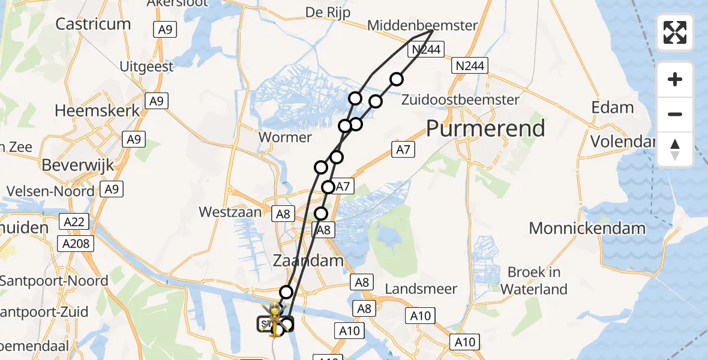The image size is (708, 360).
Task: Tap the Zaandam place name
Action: click(308, 260)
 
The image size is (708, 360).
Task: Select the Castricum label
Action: click(93, 24)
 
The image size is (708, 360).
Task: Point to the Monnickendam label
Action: click(587, 228)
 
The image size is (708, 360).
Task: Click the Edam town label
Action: click(612, 108)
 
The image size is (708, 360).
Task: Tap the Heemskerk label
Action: click(97, 111)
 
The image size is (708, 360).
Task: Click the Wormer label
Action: click(285, 137)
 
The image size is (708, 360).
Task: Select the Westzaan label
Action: click(230, 212)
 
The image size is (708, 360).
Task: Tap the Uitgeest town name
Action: click(146, 67)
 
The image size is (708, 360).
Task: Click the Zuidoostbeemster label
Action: click(460, 100)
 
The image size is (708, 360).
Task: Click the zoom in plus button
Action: click(675, 79)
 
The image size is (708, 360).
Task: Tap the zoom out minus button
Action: click(675, 114)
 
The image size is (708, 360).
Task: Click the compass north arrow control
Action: click(675, 149)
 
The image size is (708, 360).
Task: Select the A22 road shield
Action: click(74, 223)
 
